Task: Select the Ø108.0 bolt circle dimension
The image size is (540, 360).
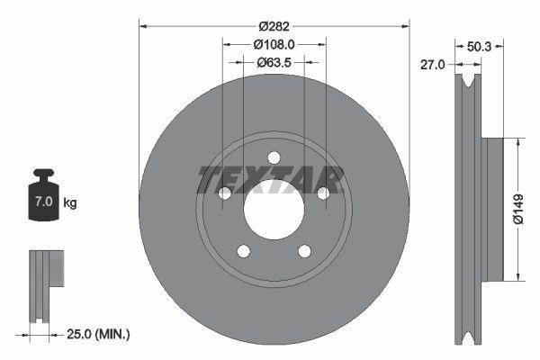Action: [274, 43]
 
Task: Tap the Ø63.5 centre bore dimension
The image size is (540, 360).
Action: [274, 63]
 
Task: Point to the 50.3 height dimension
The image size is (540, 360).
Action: [478, 41]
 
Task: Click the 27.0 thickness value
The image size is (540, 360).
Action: [436, 64]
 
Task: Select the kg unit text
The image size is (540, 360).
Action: [70, 202]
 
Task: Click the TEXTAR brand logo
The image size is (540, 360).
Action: [269, 180]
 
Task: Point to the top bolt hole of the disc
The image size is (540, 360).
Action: [274, 158]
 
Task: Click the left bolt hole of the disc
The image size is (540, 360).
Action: [225, 193]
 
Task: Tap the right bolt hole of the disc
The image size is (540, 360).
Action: [322, 193]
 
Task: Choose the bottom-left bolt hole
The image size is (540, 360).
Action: [243, 251]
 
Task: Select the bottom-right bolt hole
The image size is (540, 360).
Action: [304, 251]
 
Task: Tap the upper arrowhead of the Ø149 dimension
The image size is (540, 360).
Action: [518, 141]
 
